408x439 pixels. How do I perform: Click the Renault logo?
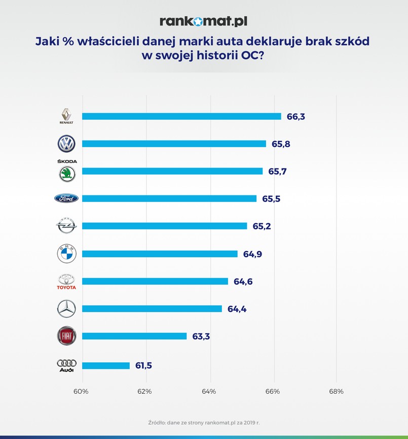(x=66, y=116)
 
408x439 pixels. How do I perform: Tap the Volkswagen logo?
(x=66, y=144)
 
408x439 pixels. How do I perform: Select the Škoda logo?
(x=66, y=172)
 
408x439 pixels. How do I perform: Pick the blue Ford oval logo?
(x=66, y=198)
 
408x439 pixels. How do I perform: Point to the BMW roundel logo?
(x=66, y=254)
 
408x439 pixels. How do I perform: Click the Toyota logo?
(x=66, y=281)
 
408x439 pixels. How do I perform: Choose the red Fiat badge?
(x=66, y=336)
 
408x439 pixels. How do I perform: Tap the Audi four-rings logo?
(x=66, y=365)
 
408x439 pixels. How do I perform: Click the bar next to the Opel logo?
(x=164, y=226)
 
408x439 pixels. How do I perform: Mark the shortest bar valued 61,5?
(x=105, y=365)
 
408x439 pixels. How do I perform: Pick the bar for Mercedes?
(x=152, y=309)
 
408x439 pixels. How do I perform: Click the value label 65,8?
(x=280, y=144)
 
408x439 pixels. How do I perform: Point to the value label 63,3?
(x=201, y=336)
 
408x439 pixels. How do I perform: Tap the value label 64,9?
(x=252, y=254)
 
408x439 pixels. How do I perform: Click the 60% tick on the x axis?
(x=82, y=391)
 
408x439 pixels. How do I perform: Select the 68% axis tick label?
(x=336, y=391)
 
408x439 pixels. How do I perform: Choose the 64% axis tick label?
(x=209, y=391)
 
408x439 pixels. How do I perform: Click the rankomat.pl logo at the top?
(x=204, y=21)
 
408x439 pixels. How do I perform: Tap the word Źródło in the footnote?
(x=160, y=422)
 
